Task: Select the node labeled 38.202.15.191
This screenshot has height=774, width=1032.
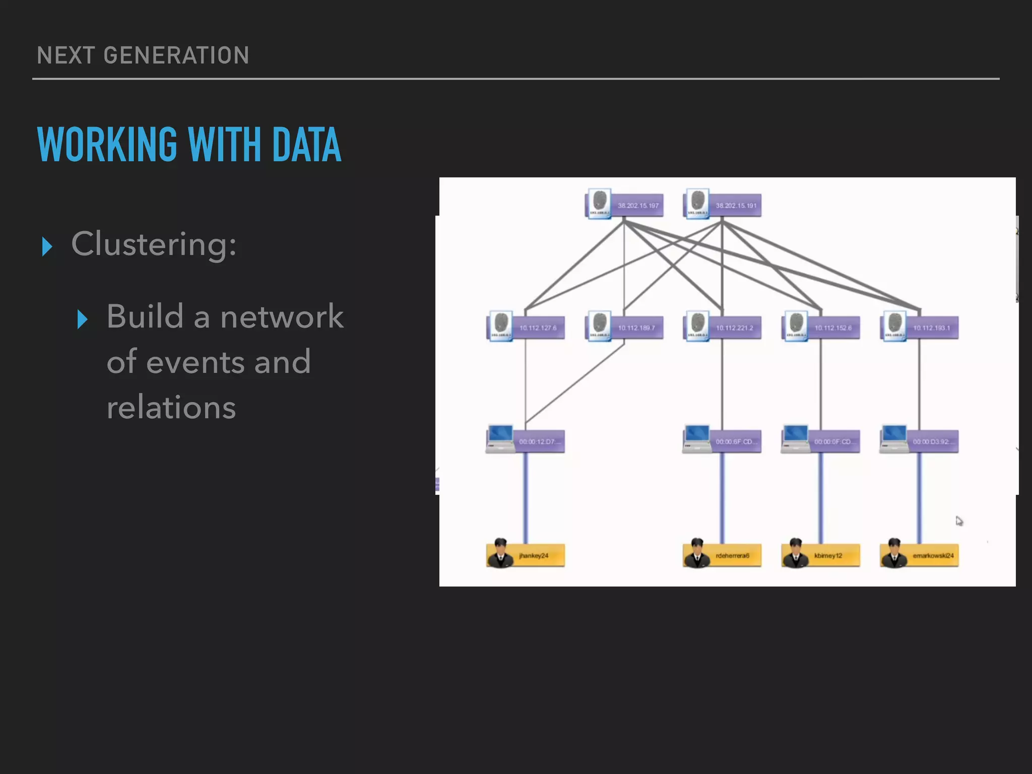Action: (x=723, y=205)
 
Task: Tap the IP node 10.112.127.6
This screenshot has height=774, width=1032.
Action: (x=526, y=328)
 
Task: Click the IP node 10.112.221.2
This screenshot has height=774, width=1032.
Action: (x=723, y=328)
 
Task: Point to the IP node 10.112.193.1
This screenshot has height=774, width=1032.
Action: (x=920, y=328)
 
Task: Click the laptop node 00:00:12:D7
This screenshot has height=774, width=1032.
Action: (x=526, y=441)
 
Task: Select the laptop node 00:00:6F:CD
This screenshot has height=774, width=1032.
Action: (x=723, y=441)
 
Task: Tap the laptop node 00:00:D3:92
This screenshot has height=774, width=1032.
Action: (x=920, y=441)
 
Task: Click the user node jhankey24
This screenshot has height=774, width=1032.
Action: (x=526, y=555)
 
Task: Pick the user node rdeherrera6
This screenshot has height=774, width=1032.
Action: (x=723, y=555)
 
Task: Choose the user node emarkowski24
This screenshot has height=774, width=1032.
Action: (x=920, y=555)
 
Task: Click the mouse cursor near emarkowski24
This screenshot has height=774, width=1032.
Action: (x=959, y=521)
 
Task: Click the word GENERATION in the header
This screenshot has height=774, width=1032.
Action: (x=176, y=55)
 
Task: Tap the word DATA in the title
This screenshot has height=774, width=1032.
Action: (x=306, y=145)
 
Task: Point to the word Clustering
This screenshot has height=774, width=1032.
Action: (x=154, y=244)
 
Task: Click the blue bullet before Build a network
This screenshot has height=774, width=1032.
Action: (x=83, y=319)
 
